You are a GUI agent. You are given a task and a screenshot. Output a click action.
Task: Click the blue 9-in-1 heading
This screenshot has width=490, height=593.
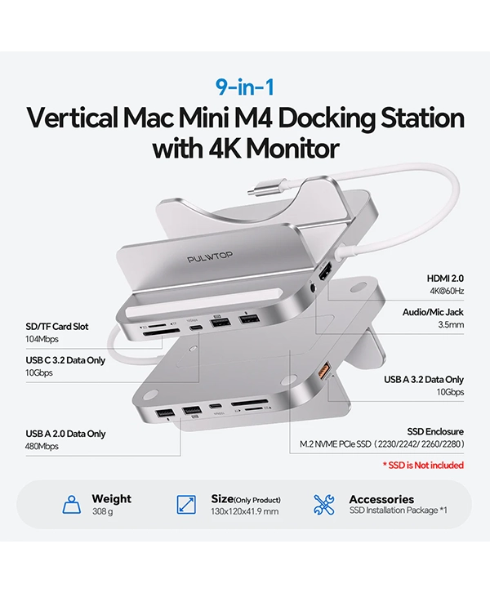click(x=245, y=87)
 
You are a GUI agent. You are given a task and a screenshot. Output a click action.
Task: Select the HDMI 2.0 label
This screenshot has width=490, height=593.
click(x=445, y=279)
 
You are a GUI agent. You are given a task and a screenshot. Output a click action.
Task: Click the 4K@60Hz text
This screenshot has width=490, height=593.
click(x=447, y=291)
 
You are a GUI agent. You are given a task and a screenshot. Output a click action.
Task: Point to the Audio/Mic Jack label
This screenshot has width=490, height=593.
click(x=433, y=312)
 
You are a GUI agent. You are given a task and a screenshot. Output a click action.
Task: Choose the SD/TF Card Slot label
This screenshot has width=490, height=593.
click(x=57, y=327)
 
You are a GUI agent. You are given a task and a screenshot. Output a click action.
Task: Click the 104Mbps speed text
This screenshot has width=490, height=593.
click(x=42, y=339)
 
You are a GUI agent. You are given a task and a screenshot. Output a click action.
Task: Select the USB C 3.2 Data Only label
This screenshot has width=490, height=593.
click(x=65, y=360)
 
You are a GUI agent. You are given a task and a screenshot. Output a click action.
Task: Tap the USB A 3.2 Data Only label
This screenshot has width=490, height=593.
click(x=424, y=379)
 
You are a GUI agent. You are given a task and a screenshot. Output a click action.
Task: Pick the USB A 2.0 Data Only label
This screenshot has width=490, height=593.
click(x=65, y=434)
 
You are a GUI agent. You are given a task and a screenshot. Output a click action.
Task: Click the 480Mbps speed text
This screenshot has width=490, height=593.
click(x=42, y=446)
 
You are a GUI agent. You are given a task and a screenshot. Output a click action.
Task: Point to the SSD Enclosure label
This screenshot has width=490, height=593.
click(x=435, y=431)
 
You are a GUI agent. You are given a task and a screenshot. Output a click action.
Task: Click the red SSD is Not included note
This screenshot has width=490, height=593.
click(x=424, y=466)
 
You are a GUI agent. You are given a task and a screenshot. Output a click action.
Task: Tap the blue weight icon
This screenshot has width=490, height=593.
click(x=72, y=505)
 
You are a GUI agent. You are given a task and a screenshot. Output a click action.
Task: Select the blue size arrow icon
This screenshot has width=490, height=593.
click(x=186, y=505)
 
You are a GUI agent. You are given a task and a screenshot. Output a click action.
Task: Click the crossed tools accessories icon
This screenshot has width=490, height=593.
click(x=324, y=505)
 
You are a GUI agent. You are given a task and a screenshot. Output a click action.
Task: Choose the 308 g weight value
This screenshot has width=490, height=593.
click(x=102, y=511)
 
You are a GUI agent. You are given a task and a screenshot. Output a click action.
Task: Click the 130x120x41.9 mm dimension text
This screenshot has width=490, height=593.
click(x=245, y=511)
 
